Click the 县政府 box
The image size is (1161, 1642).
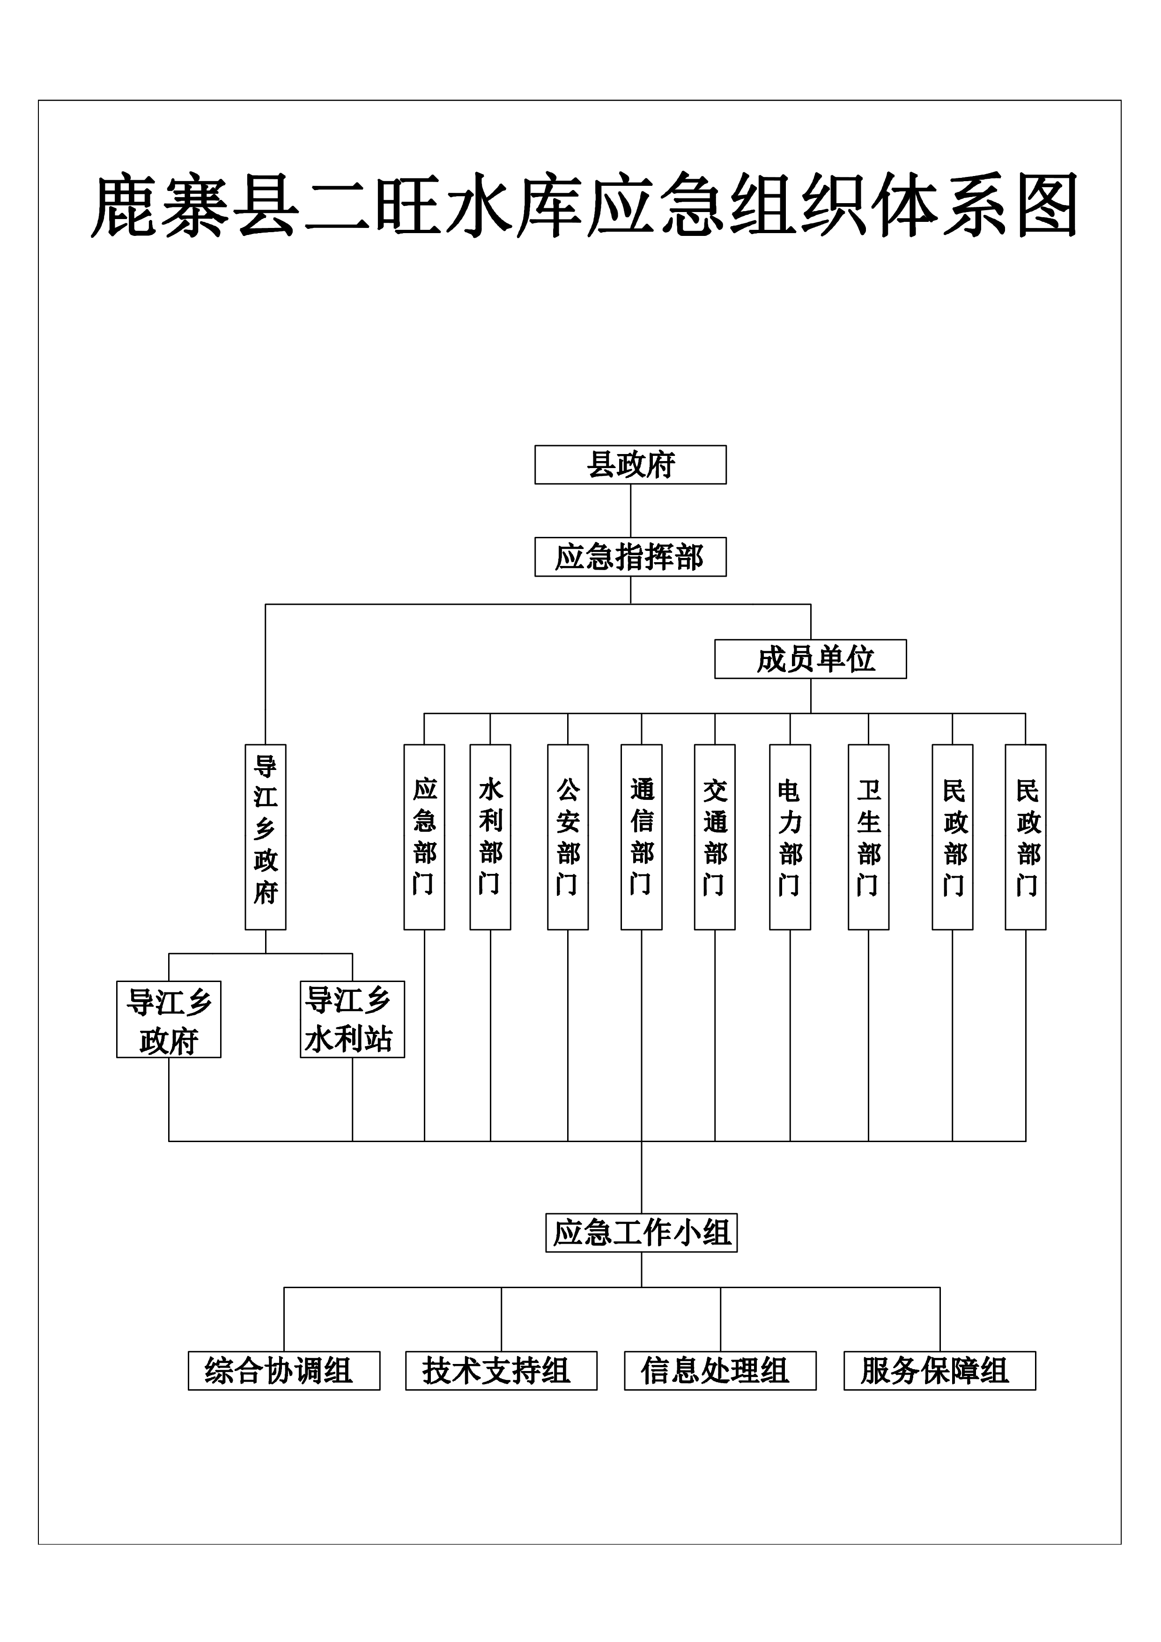[630, 465]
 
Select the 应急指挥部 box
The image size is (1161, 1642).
[630, 557]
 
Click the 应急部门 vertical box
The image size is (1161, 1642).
[424, 837]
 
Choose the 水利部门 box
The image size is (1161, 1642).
[490, 837]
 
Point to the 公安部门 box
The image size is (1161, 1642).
[568, 837]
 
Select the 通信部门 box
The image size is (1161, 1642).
[642, 837]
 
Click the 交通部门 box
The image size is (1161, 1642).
[715, 837]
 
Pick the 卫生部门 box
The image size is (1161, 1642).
[868, 837]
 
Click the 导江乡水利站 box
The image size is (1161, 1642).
[352, 1019]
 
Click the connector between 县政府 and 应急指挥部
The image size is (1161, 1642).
[630, 511]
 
